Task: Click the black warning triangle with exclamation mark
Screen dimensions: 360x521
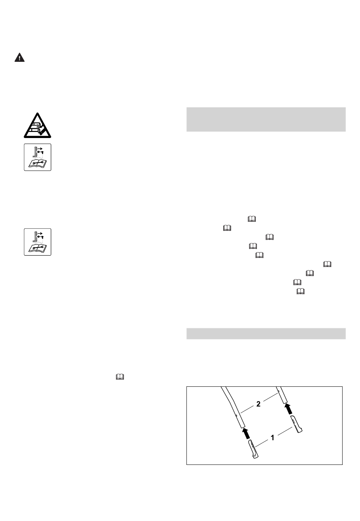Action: [20, 57]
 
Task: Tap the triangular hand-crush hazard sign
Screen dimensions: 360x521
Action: [38, 126]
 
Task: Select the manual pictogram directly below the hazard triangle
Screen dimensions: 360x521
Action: [38, 157]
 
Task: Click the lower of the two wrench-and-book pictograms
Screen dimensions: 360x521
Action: [38, 242]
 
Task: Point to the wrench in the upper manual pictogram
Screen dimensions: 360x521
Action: [38, 163]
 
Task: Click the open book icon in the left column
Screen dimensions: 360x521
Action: [120, 377]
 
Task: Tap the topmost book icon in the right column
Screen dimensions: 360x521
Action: [252, 219]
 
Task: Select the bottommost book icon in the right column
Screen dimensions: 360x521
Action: [301, 291]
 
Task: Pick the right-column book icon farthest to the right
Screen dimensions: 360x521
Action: [327, 264]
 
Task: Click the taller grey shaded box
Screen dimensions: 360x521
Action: [266, 119]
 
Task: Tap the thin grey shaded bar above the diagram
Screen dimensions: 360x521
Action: [266, 334]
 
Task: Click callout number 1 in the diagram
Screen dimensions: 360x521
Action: [272, 438]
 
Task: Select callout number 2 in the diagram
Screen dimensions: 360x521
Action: [258, 404]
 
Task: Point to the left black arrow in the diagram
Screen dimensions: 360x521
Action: [246, 433]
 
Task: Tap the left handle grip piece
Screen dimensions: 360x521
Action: [253, 449]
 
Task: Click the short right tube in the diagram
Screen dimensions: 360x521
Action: [282, 395]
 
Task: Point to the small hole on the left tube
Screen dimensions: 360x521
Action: [236, 414]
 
